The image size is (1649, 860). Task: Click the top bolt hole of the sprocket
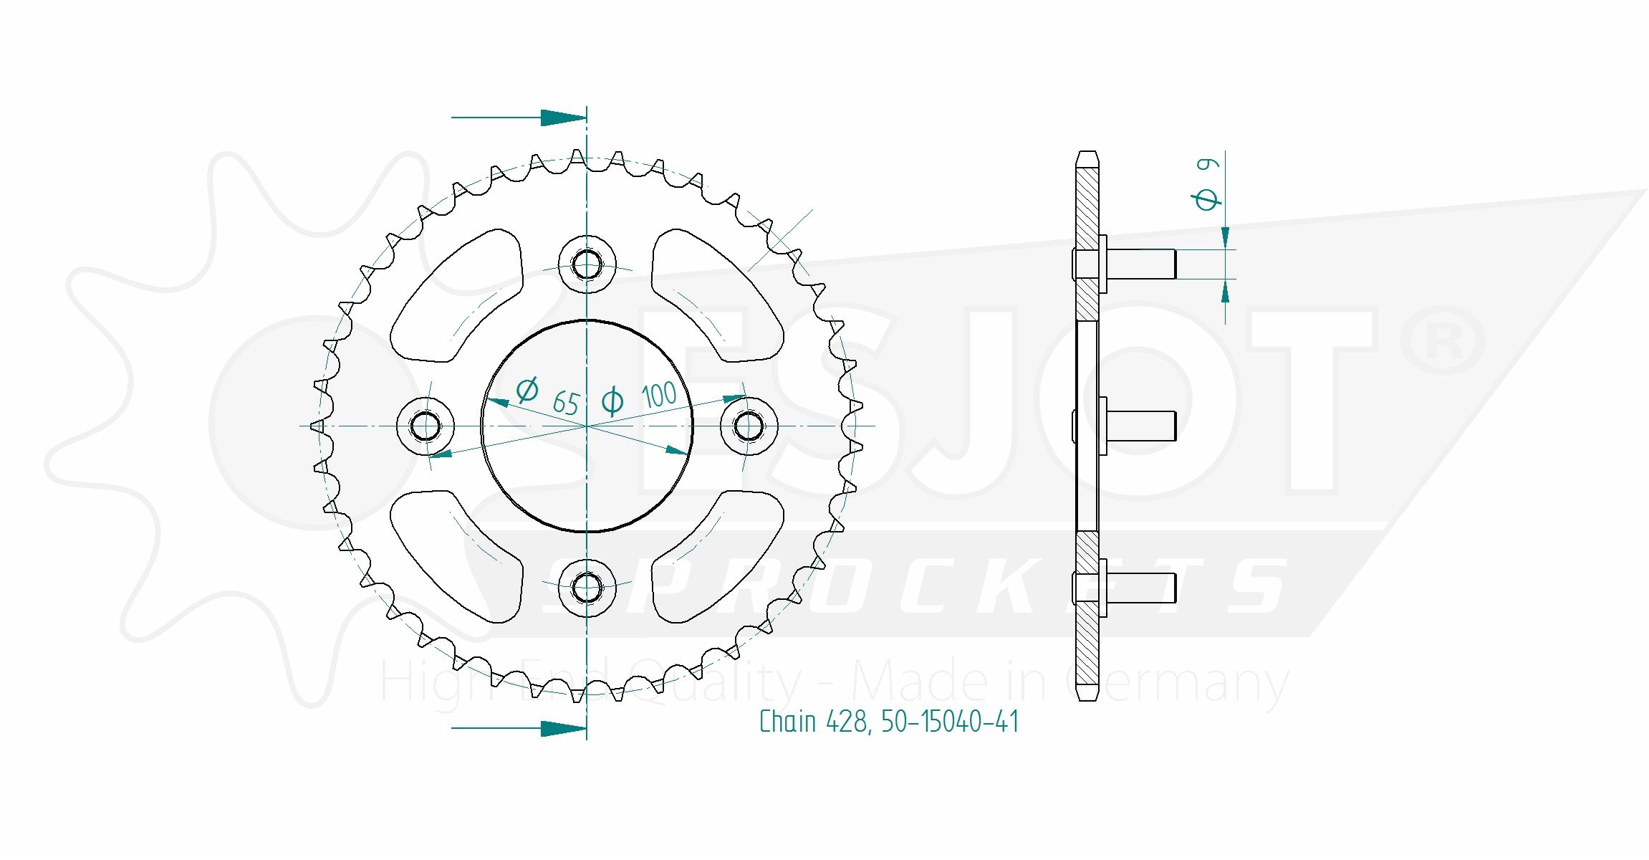pyautogui.click(x=587, y=264)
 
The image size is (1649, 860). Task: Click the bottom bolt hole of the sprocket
pyautogui.click(x=587, y=588)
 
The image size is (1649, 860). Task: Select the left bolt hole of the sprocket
pyautogui.click(x=426, y=426)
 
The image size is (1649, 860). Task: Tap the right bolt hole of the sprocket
pyautogui.click(x=749, y=426)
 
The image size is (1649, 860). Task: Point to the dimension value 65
pyautogui.click(x=566, y=403)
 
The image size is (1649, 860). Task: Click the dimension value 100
pyautogui.click(x=658, y=395)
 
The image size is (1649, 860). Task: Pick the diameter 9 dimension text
pyautogui.click(x=1208, y=184)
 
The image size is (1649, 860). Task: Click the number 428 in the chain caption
pyautogui.click(x=848, y=722)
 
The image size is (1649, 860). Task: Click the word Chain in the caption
pyautogui.click(x=787, y=722)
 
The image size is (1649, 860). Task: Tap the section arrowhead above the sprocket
pyautogui.click(x=563, y=118)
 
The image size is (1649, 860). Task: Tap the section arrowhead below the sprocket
pyautogui.click(x=563, y=728)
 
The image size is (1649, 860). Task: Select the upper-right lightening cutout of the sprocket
pyautogui.click(x=716, y=296)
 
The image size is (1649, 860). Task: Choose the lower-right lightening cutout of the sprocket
pyautogui.click(x=716, y=555)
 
